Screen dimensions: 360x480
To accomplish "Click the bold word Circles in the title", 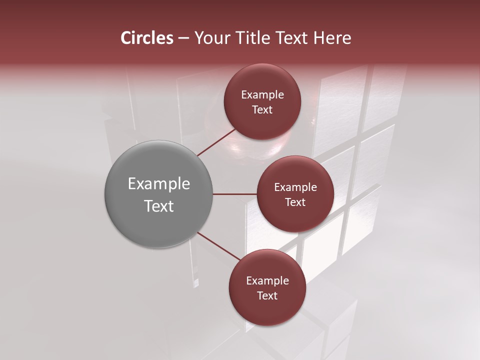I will click(x=147, y=38).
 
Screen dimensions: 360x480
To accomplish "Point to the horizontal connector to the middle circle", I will click(x=234, y=194).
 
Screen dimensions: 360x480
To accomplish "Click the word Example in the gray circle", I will click(x=159, y=184).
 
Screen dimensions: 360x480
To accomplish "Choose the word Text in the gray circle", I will click(x=159, y=206).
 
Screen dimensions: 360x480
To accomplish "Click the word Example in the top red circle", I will click(x=262, y=95).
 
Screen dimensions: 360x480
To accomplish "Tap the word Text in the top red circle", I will click(x=262, y=110).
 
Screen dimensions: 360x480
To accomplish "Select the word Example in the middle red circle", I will click(x=295, y=187).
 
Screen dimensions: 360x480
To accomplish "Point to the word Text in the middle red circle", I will click(x=295, y=202).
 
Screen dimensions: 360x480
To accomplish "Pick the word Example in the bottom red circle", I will click(x=267, y=281).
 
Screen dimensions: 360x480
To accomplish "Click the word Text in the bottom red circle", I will click(x=267, y=296).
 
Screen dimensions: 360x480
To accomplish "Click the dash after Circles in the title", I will click(x=183, y=38).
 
